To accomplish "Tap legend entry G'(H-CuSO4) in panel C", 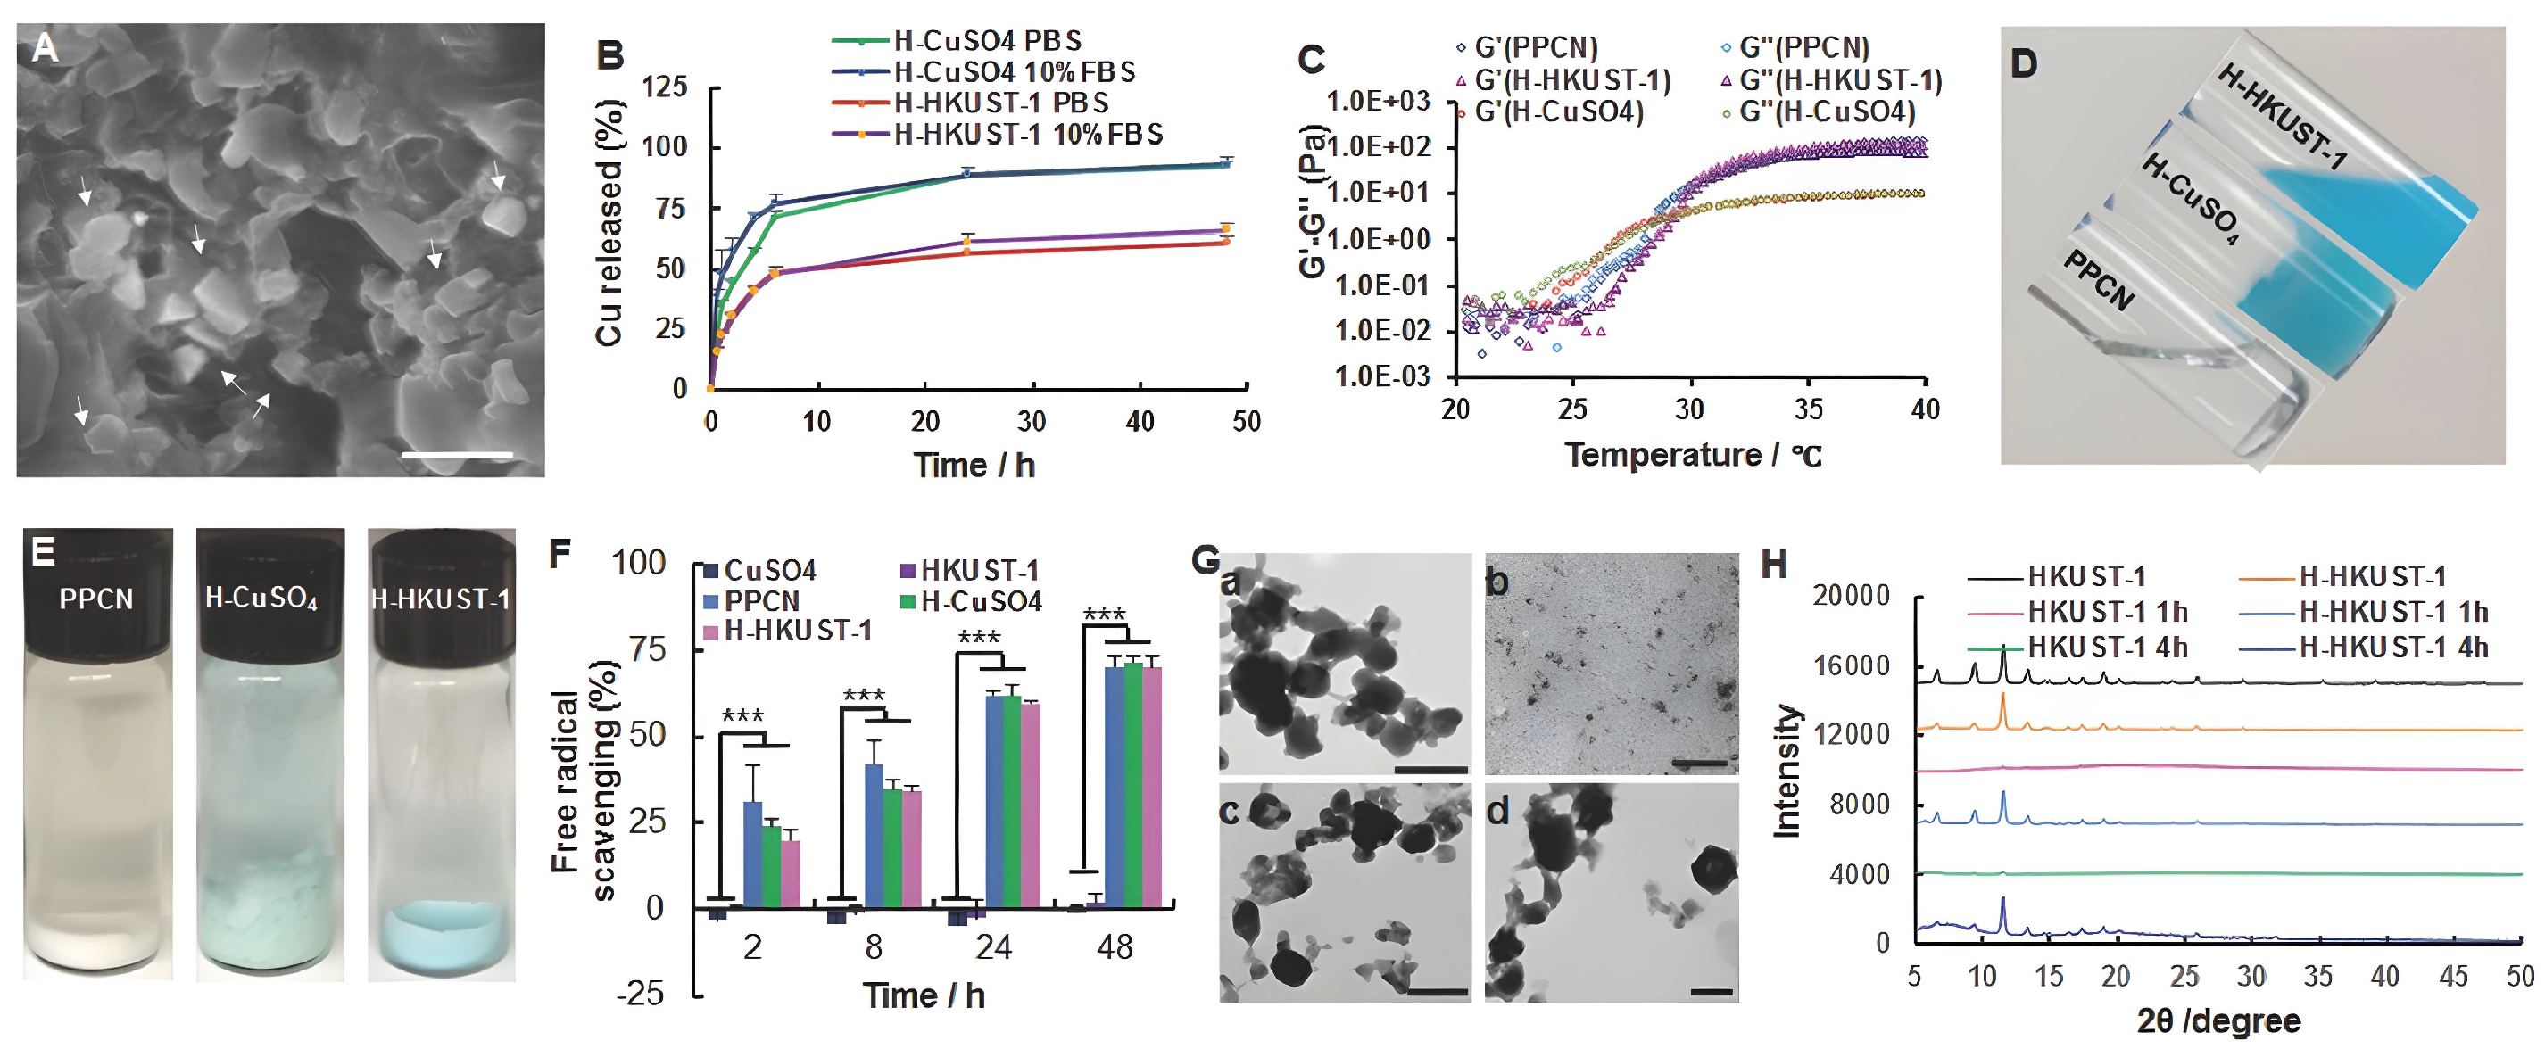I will point(1558,112).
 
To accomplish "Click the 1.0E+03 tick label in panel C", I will point(1377,101).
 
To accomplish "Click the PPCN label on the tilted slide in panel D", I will point(2099,282).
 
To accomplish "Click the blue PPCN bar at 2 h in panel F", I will point(753,854).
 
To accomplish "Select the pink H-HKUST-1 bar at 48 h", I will point(1151,787).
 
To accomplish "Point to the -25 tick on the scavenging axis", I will point(640,993).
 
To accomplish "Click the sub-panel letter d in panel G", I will point(1499,812).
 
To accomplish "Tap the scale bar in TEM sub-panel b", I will point(1700,763).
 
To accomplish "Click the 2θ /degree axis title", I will point(2218,1020).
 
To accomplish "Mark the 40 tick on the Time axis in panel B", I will point(1140,422).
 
